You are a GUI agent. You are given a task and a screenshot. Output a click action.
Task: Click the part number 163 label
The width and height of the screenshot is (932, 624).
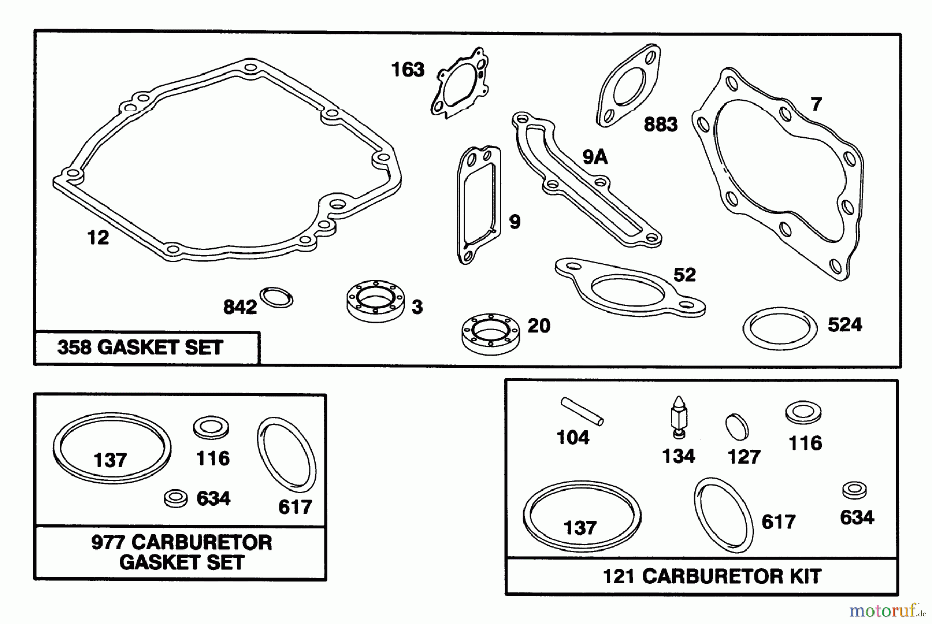tap(407, 69)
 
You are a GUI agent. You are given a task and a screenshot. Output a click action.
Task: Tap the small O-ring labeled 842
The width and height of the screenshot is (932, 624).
tap(276, 298)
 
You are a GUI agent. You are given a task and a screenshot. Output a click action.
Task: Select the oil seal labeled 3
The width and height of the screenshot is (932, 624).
tap(375, 301)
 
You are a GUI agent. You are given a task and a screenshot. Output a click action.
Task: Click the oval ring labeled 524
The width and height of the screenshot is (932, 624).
tap(779, 329)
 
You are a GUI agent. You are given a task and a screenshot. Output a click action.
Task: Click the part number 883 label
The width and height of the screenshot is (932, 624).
tap(660, 125)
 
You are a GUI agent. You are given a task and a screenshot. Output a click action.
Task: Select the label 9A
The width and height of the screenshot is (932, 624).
tap(594, 157)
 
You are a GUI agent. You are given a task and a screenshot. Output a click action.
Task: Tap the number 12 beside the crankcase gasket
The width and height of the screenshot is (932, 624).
tap(98, 238)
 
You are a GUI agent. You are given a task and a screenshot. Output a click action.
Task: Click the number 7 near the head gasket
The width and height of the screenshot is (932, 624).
tap(817, 105)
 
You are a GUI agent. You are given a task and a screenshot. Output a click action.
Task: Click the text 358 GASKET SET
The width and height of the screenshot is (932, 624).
tap(140, 348)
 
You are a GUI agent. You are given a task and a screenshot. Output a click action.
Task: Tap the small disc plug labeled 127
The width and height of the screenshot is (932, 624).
tap(736, 427)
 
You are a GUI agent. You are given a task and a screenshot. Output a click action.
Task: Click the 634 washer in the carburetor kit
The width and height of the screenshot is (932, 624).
tap(854, 490)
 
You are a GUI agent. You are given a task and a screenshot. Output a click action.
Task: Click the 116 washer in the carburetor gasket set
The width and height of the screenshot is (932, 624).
tap(211, 428)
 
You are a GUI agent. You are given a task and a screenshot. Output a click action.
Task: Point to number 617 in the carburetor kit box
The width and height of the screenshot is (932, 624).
tap(778, 522)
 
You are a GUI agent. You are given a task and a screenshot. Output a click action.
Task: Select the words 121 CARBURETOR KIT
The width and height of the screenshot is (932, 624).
tap(711, 576)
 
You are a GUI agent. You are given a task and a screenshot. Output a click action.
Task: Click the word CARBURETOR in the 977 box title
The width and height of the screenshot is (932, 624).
tap(201, 543)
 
